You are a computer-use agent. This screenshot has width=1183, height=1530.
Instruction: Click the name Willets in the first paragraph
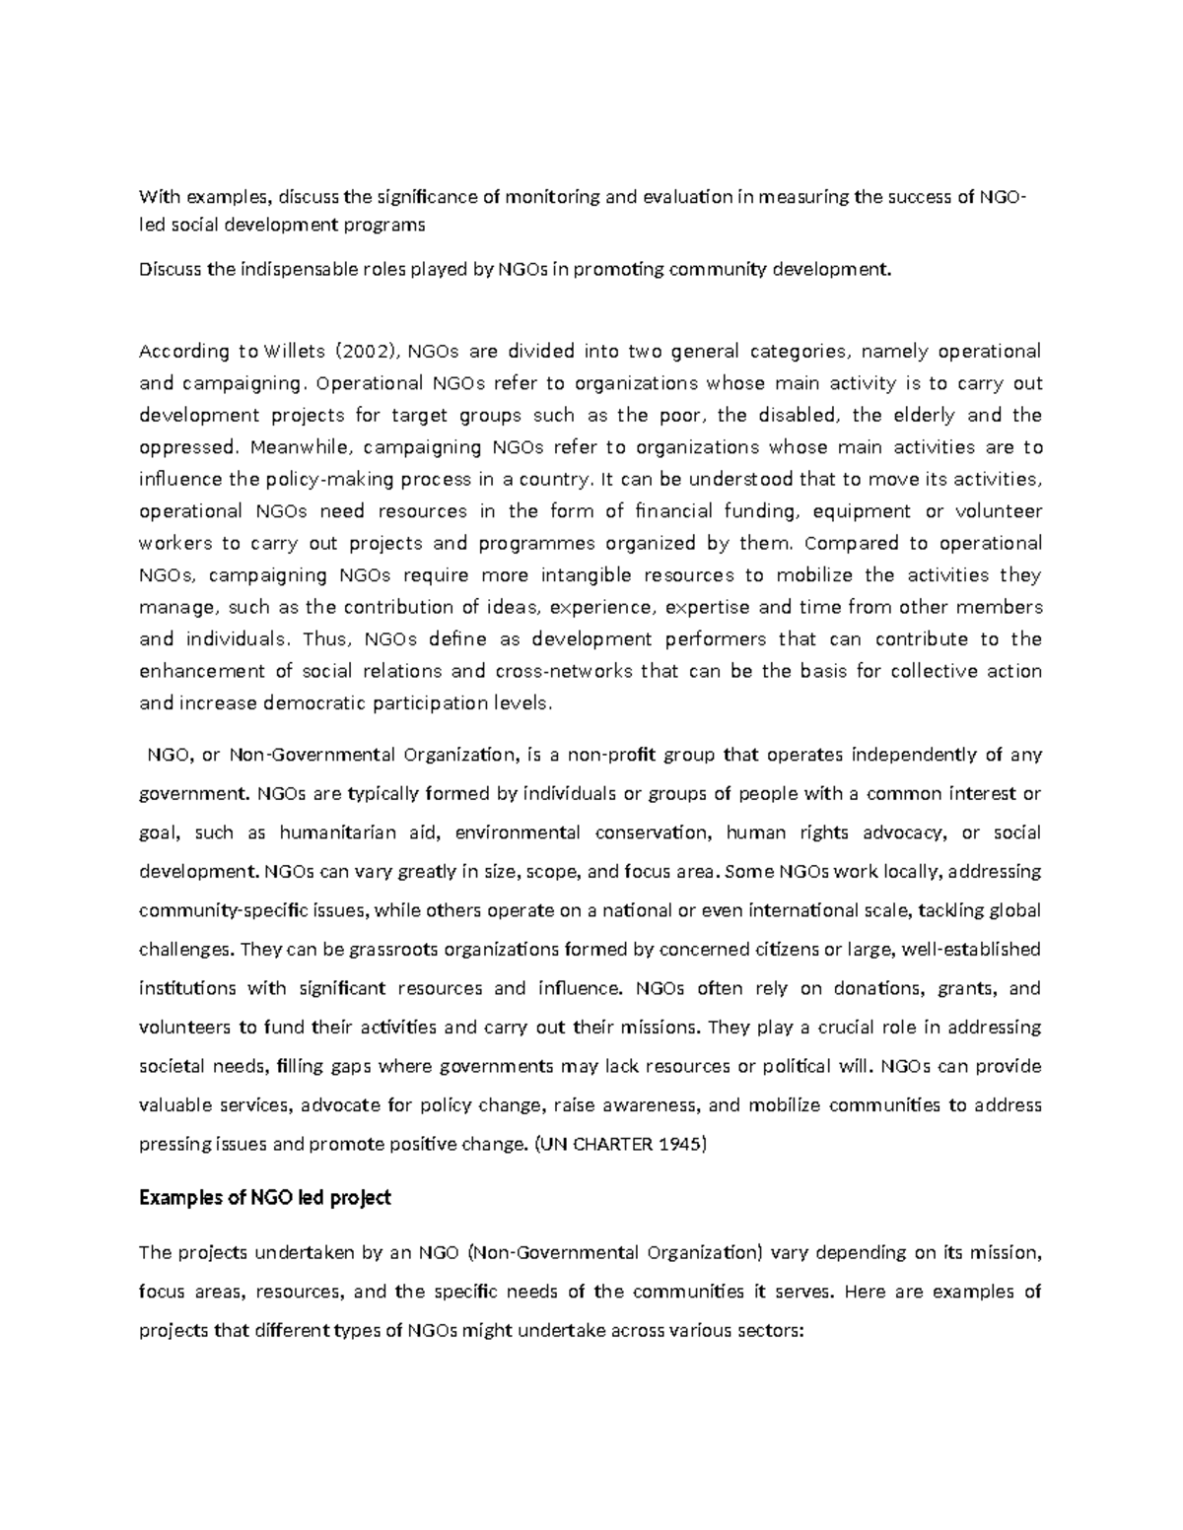296,352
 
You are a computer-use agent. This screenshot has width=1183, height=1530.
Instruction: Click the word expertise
711,607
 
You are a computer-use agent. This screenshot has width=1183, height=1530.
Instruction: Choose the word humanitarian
335,832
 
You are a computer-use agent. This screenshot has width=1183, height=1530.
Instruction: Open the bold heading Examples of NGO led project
265,1198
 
